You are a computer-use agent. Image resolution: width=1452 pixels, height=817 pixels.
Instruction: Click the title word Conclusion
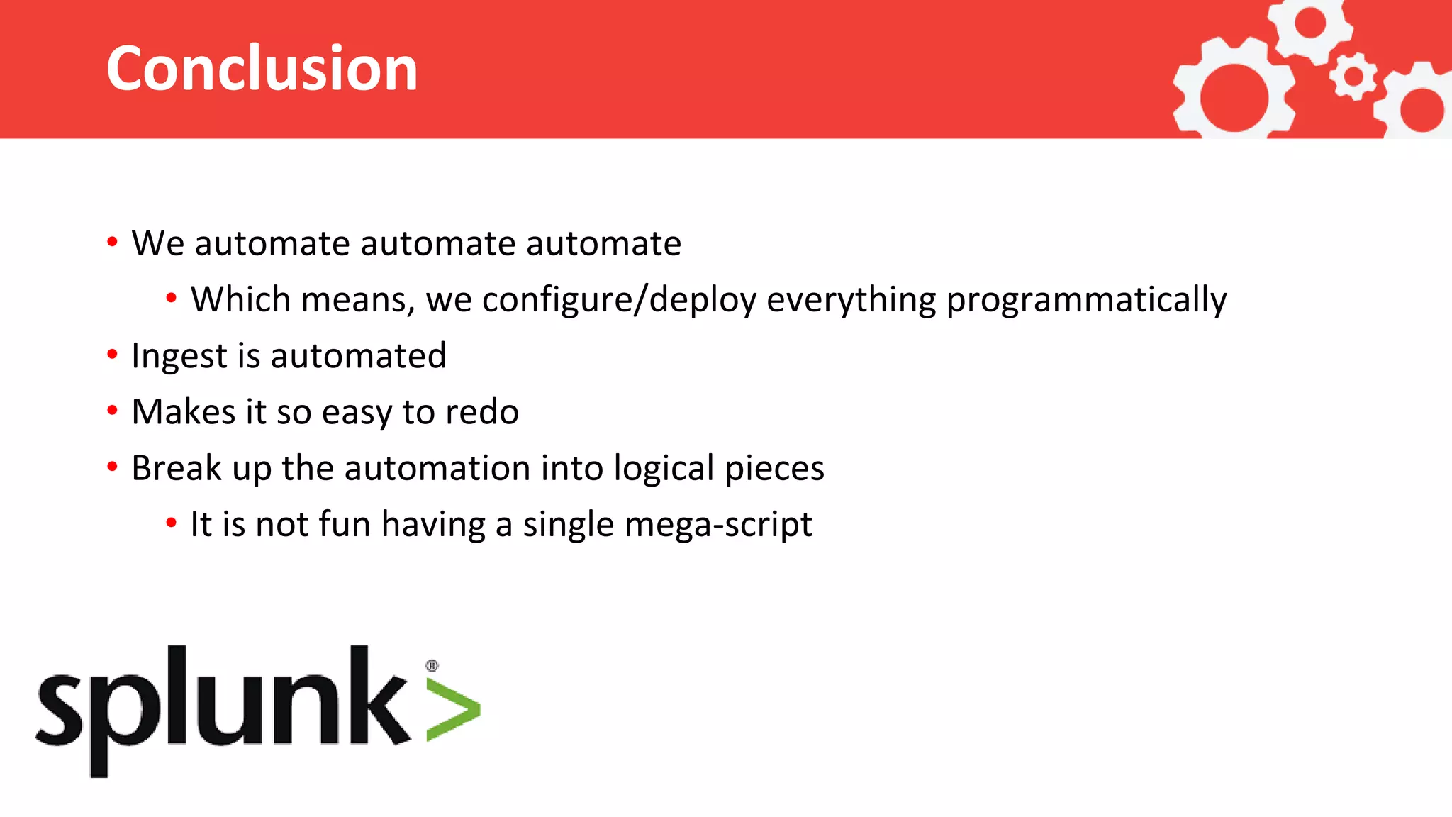[x=262, y=68]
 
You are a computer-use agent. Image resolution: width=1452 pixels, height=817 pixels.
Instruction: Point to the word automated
[x=358, y=355]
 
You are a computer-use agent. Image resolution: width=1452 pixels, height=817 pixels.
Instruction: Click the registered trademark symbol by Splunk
[x=432, y=665]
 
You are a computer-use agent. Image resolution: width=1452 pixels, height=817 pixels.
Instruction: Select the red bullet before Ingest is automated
[x=112, y=353]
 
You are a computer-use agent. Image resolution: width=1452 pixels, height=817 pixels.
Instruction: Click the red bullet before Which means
[x=171, y=298]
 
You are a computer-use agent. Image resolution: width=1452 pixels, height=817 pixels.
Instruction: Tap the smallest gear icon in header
[x=1353, y=76]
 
